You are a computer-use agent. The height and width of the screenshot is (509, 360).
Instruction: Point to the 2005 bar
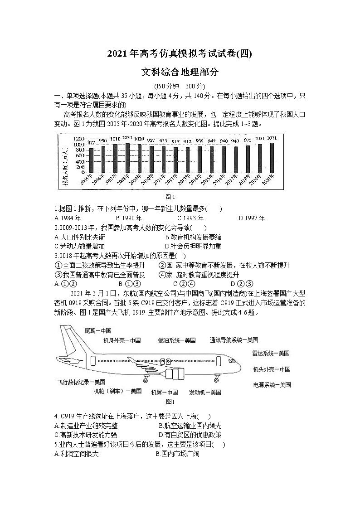pos(91,160)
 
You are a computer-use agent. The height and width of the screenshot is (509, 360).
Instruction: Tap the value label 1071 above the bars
pos(272,138)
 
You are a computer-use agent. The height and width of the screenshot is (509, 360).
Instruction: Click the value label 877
pos(91,142)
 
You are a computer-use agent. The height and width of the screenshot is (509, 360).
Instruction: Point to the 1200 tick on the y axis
pos(66,139)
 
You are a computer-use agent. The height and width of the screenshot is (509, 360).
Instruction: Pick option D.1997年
pos(252,218)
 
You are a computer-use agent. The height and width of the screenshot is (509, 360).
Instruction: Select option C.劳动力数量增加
pos(79,246)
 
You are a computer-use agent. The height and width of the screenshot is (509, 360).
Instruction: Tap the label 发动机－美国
pos(205,392)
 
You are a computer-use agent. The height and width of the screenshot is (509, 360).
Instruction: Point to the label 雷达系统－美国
pos(271,353)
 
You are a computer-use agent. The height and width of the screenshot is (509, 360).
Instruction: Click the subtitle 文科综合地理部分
pos(180,72)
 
